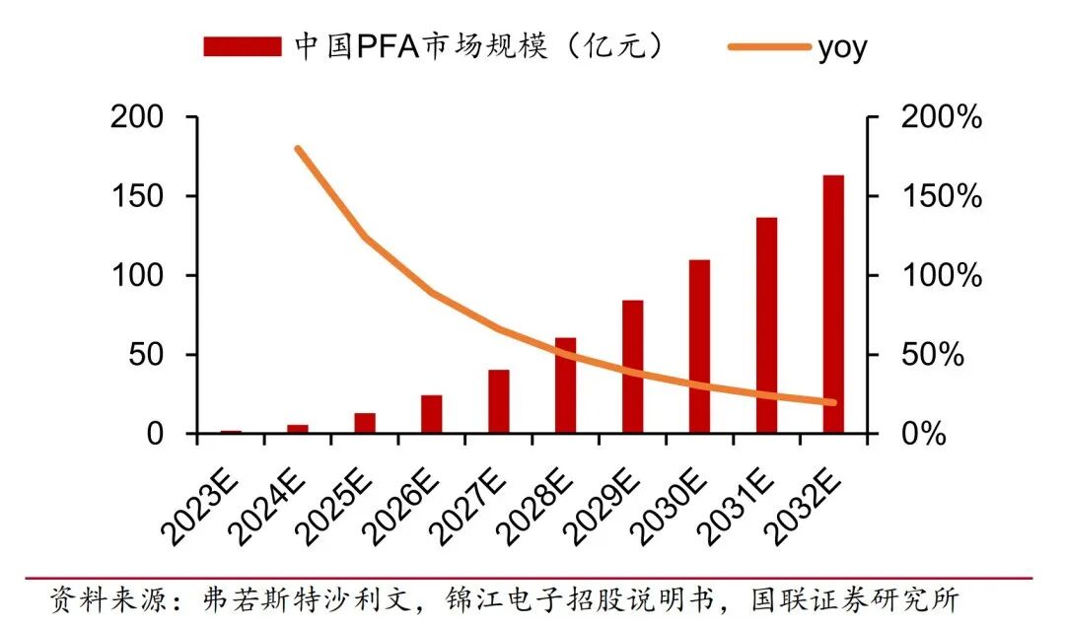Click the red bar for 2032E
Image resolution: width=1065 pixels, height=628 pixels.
tap(833, 305)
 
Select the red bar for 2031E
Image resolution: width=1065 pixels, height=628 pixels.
tap(766, 325)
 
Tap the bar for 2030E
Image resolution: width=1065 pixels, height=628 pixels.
tap(699, 346)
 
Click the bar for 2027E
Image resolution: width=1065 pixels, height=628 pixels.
tap(498, 402)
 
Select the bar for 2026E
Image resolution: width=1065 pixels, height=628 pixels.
tap(431, 414)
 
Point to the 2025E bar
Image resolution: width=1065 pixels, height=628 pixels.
tap(365, 423)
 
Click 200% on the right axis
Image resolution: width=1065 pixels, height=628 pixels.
tap(942, 117)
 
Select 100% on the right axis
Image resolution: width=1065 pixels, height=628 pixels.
tap(942, 275)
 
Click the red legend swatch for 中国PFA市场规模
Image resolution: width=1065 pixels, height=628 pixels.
tap(242, 46)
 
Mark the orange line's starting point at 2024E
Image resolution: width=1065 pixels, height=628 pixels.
tap(298, 149)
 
